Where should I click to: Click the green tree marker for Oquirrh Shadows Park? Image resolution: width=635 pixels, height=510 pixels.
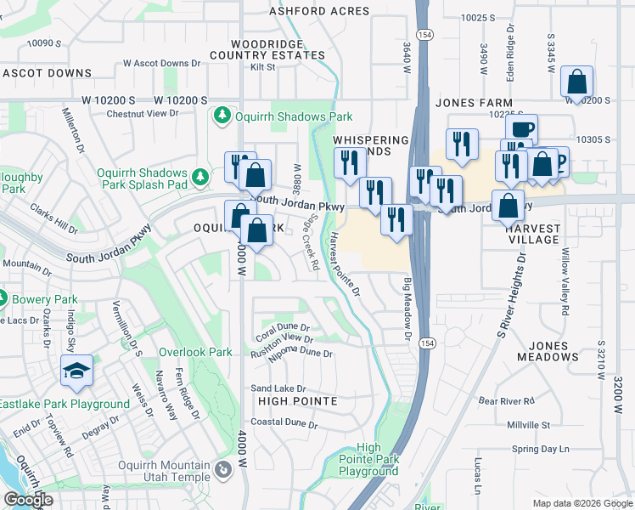222,114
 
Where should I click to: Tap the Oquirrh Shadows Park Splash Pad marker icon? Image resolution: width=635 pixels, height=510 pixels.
200,178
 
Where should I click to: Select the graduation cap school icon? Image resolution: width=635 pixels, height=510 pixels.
76,371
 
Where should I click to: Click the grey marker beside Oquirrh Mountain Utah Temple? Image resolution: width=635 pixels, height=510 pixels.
222,469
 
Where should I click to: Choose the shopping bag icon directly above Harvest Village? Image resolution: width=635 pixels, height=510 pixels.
508,206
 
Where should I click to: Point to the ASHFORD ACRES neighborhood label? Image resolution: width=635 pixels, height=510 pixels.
319,11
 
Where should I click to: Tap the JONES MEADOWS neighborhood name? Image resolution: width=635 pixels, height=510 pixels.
565,351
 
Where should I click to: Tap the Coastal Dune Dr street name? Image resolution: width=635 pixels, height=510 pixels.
284,423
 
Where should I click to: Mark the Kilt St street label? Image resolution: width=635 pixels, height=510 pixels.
264,67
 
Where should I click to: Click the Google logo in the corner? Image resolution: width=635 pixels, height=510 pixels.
28,500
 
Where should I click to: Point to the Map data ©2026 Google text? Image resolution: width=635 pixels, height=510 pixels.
582,503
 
